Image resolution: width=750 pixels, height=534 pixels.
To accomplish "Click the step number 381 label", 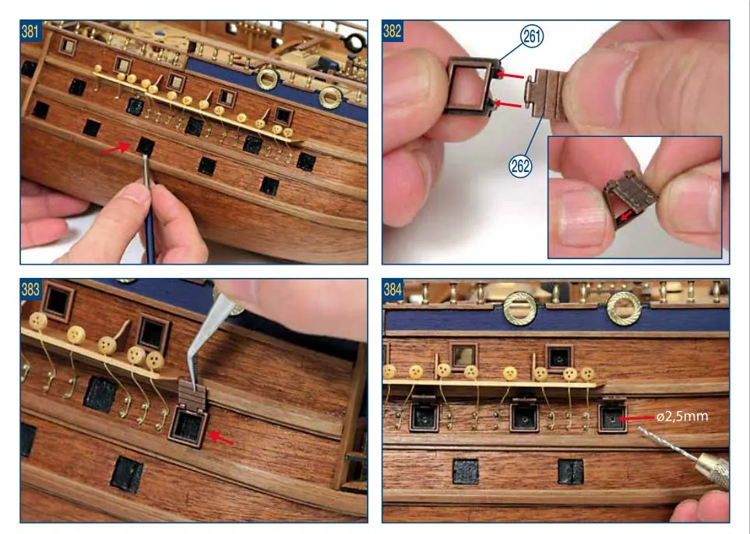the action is pyautogui.click(x=30, y=31).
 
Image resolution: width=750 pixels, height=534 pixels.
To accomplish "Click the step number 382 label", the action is pyautogui.click(x=392, y=31).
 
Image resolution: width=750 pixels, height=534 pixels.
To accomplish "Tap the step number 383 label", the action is pyautogui.click(x=30, y=290).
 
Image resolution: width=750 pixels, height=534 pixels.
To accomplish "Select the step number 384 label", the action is pyautogui.click(x=392, y=290).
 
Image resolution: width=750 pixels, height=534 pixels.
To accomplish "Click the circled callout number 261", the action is pyautogui.click(x=532, y=36).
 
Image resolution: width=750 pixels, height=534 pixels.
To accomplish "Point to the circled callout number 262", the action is pyautogui.click(x=520, y=166).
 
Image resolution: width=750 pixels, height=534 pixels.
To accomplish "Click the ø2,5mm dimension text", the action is pyautogui.click(x=682, y=416).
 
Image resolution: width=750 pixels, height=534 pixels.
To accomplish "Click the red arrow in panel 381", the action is pyautogui.click(x=116, y=148).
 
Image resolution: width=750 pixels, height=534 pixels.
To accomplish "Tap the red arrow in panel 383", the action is pyautogui.click(x=220, y=437).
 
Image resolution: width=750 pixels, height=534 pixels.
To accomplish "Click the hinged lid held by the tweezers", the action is pyautogui.click(x=192, y=395).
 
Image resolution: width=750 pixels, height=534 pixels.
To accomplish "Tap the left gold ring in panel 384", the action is pyautogui.click(x=519, y=309).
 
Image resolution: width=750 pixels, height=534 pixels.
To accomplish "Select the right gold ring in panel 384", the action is pyautogui.click(x=624, y=309).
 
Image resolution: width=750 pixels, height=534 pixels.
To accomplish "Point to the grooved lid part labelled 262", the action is pyautogui.click(x=546, y=93).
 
